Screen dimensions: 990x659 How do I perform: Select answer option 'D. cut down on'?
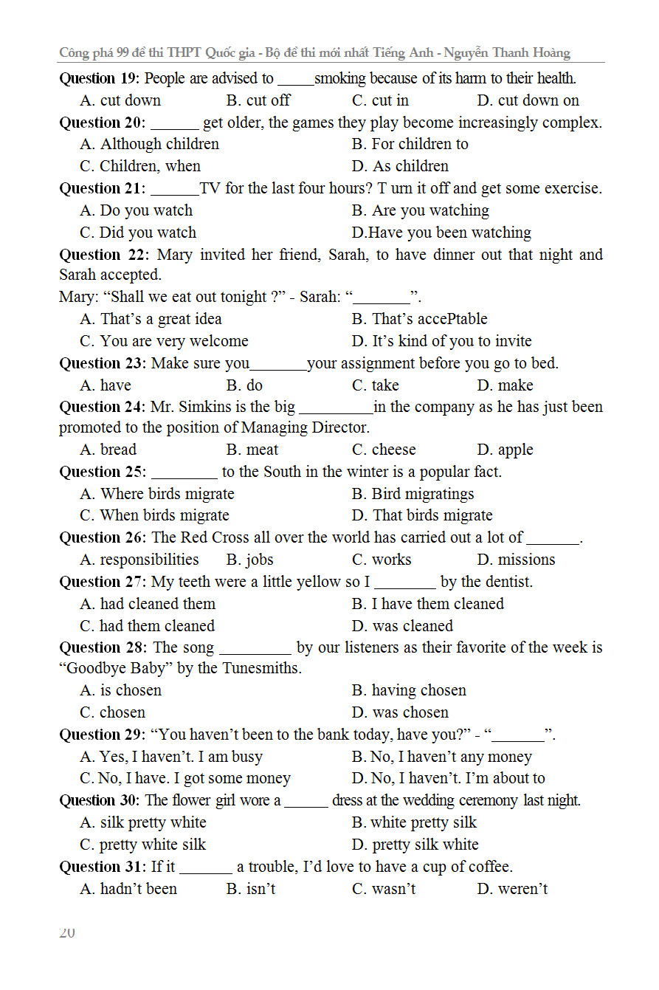[528, 100]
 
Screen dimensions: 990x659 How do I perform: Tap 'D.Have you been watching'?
[441, 233]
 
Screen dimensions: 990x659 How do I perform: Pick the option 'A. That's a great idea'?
[151, 319]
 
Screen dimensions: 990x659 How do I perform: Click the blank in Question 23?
[278, 364]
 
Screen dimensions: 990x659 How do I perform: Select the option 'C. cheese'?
[384, 450]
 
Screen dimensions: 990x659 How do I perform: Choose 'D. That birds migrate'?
[422, 515]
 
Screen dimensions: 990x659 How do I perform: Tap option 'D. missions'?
[516, 560]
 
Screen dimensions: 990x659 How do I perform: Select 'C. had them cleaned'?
[147, 626]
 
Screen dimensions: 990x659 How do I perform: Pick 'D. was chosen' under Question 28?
[400, 712]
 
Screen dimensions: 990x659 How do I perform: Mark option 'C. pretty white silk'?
[142, 845]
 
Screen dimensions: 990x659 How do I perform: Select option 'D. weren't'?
[512, 889]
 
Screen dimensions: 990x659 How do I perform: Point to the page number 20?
[67, 932]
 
